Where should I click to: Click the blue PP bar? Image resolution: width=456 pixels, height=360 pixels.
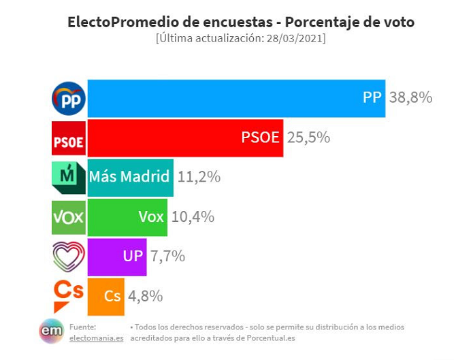click(236, 98)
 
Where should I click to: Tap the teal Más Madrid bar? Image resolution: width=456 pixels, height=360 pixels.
click(130, 177)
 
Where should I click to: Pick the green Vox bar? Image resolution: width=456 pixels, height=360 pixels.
click(127, 216)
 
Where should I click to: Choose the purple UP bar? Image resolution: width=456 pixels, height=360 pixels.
click(117, 257)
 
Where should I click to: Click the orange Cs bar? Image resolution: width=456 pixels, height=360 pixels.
click(105, 296)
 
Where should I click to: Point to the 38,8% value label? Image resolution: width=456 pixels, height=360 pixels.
click(410, 98)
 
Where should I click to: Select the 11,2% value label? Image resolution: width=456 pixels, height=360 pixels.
click(199, 177)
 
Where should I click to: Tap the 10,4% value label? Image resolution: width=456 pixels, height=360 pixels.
click(193, 216)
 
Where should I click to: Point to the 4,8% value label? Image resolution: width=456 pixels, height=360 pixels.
click(146, 296)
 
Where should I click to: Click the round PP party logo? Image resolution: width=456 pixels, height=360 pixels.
click(69, 99)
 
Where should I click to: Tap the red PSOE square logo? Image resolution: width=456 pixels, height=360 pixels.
click(69, 138)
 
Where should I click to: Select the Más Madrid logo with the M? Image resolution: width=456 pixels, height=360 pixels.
click(69, 178)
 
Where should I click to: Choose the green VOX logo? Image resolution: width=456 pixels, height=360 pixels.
click(69, 217)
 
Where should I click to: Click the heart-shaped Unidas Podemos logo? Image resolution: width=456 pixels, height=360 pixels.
click(69, 257)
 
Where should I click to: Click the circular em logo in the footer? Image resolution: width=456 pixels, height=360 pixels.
click(51, 331)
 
